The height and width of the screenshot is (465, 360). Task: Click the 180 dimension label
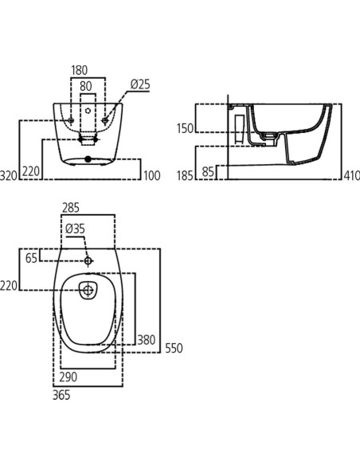pyautogui.click(x=80, y=70)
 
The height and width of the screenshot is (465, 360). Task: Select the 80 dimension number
pyautogui.click(x=86, y=86)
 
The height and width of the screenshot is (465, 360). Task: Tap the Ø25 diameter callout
pyautogui.click(x=140, y=84)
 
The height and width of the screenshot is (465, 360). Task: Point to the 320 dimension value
pyautogui.click(x=9, y=175)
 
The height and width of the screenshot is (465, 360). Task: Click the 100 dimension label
pyautogui.click(x=152, y=175)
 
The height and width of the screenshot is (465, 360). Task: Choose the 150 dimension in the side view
pyautogui.click(x=185, y=128)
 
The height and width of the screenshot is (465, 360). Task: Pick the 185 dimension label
pyautogui.click(x=185, y=175)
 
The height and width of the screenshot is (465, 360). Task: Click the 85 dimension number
pyautogui.click(x=208, y=171)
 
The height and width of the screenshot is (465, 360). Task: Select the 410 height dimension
pyautogui.click(x=352, y=175)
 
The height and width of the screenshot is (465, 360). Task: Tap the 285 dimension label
pyautogui.click(x=71, y=208)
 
